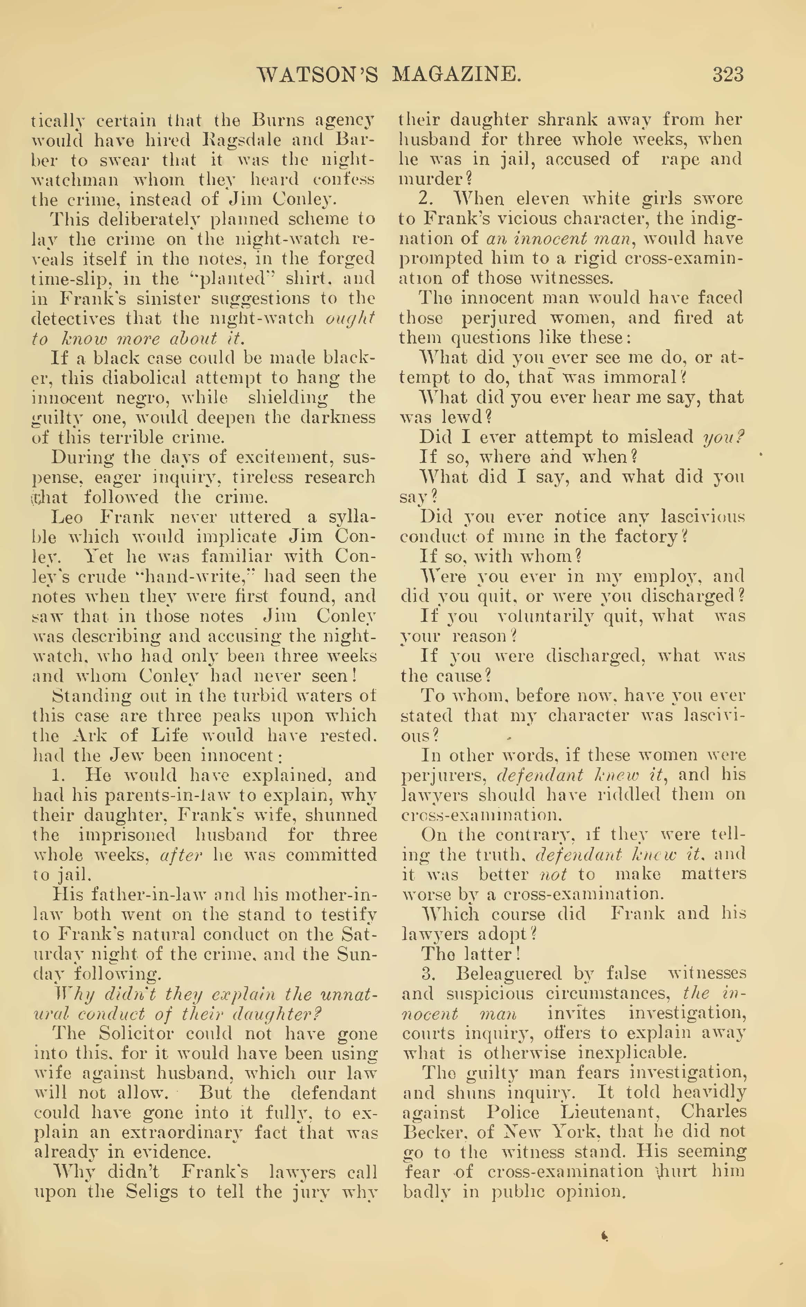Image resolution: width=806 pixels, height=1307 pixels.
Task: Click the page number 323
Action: click(728, 74)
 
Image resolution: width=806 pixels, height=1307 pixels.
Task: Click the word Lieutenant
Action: click(611, 1112)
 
